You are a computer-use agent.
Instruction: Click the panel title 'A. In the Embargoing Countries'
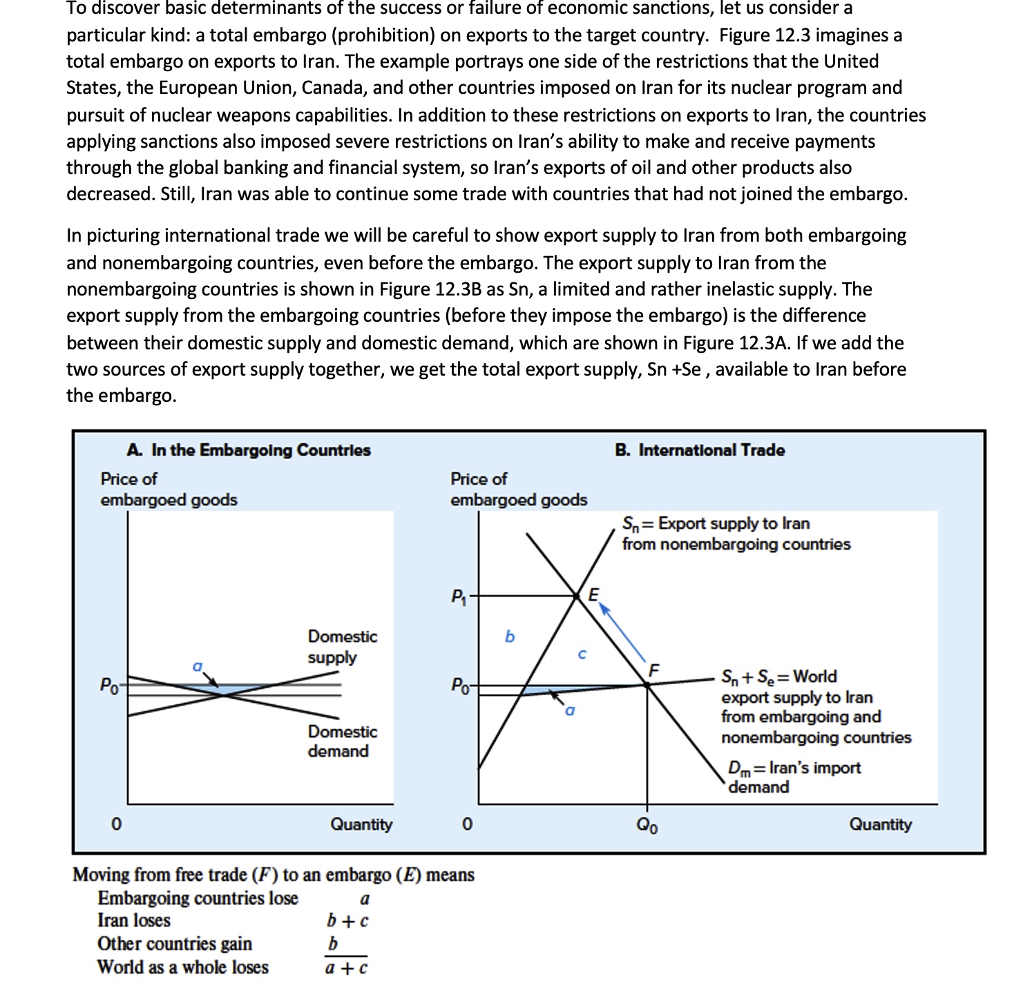(249, 450)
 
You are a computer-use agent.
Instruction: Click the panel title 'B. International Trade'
(700, 450)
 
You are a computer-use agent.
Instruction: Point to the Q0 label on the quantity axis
(647, 825)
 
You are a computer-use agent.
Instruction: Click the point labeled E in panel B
(577, 595)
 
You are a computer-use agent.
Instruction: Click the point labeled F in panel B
(647, 684)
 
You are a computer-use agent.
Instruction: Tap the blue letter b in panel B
(510, 637)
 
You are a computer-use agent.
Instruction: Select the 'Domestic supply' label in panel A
(342, 646)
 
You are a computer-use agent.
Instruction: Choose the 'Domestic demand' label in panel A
(342, 741)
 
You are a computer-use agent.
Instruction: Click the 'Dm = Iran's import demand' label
(794, 777)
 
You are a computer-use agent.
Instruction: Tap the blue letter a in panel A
(198, 666)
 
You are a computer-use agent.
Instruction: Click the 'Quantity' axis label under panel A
(361, 824)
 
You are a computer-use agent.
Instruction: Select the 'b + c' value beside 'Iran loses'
(347, 921)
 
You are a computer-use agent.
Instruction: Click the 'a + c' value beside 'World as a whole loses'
(346, 968)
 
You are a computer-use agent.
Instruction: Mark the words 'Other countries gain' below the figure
(175, 944)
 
